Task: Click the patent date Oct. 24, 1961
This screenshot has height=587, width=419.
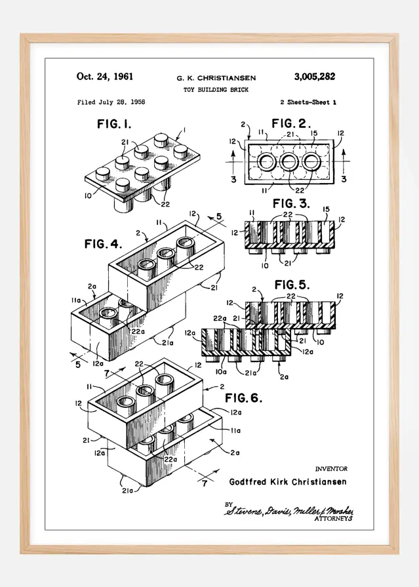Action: click(x=105, y=77)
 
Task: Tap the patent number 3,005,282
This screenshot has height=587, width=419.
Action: click(x=310, y=77)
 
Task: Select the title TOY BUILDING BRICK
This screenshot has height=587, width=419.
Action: click(x=216, y=90)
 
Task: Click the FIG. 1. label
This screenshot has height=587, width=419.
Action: click(x=115, y=124)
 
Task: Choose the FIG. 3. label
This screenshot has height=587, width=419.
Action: click(x=291, y=203)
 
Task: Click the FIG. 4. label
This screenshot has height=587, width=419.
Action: click(x=103, y=244)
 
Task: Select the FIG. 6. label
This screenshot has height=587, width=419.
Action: click(x=244, y=398)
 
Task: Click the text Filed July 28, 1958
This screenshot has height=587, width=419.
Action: click(x=111, y=102)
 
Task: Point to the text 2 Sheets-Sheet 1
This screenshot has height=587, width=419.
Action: click(x=308, y=102)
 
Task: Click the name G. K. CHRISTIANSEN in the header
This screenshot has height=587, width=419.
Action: click(x=216, y=78)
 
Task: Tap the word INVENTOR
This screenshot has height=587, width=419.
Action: click(x=331, y=469)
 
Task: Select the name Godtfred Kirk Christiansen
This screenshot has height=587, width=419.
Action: click(x=288, y=482)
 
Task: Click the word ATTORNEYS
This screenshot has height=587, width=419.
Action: click(x=334, y=518)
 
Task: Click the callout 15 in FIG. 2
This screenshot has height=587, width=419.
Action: click(x=313, y=134)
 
